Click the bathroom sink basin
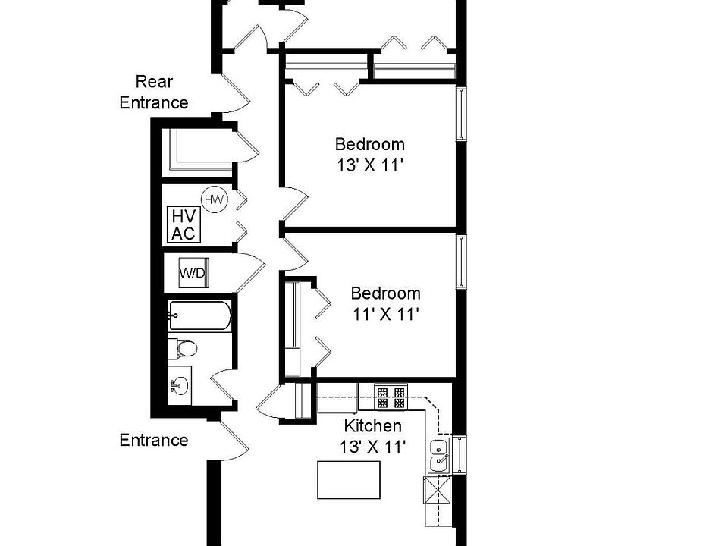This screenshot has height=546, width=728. click(180, 387)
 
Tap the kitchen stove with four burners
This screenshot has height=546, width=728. click(391, 397)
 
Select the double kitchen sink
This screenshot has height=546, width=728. click(438, 456)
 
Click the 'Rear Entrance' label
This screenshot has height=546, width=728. click(154, 92)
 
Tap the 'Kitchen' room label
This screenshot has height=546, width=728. click(372, 425)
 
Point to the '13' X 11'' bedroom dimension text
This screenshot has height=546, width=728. click(370, 165)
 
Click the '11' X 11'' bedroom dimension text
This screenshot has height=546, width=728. click(384, 314)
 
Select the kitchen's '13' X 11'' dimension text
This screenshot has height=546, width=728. click(372, 447)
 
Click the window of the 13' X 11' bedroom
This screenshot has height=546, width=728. click(460, 115)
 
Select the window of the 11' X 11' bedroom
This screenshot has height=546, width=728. click(460, 262)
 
